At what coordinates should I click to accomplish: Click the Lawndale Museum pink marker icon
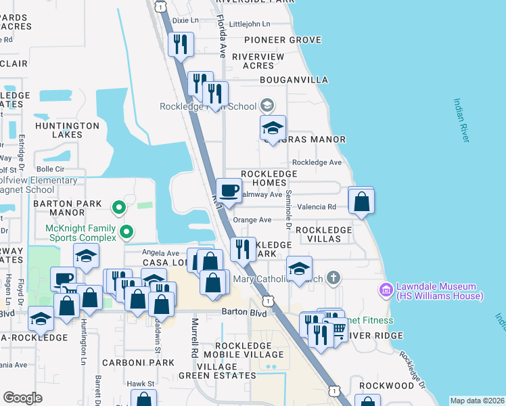[386, 290]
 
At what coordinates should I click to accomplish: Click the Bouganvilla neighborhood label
[294, 80]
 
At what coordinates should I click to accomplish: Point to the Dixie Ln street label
[185, 20]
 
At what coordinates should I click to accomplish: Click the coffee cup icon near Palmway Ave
[229, 190]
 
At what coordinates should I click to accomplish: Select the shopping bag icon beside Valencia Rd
[362, 201]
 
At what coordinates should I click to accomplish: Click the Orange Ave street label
[252, 220]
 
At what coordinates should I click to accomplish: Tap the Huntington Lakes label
[68, 130]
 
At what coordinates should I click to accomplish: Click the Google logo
[22, 398]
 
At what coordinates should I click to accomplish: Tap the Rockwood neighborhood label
[386, 385]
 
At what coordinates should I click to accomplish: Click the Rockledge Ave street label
[317, 162]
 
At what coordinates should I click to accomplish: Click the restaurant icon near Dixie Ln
[181, 45]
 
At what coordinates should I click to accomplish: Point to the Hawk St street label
[141, 383]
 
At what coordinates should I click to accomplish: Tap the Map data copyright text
[476, 401]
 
